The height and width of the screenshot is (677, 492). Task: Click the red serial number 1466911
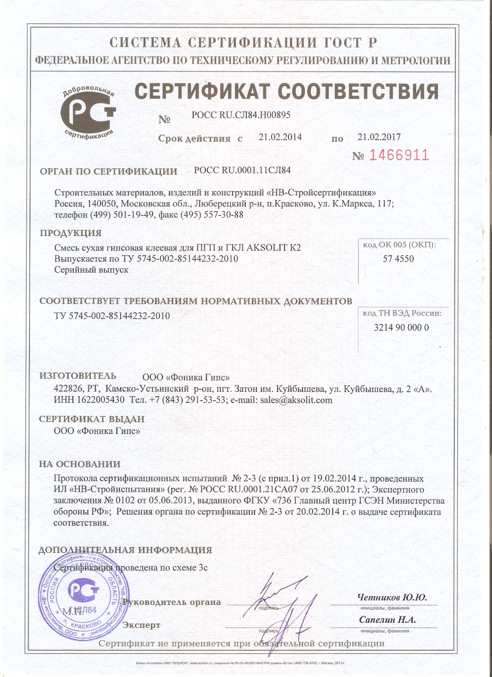[x=399, y=155]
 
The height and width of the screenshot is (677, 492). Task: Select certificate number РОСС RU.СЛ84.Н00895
[x=241, y=115]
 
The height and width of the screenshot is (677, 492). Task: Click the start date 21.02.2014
[x=280, y=137]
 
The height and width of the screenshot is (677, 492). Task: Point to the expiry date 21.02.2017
[x=379, y=137]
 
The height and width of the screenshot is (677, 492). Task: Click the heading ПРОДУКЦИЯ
[x=71, y=233]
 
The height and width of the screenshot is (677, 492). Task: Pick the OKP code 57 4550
[x=398, y=259]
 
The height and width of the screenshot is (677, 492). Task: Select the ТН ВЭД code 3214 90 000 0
[x=401, y=327]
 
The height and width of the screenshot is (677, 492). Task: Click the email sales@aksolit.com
[x=296, y=400]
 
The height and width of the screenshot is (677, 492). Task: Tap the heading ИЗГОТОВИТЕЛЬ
[x=77, y=376]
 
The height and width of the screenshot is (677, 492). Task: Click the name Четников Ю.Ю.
[x=392, y=598]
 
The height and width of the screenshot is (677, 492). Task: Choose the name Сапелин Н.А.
[x=387, y=620]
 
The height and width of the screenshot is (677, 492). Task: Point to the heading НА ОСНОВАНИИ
[x=80, y=464]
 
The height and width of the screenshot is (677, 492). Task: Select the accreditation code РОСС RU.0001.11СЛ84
[x=242, y=170]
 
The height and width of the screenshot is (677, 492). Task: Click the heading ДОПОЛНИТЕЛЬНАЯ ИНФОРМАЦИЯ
[x=125, y=550]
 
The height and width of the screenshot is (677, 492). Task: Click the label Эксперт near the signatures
[x=141, y=625]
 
